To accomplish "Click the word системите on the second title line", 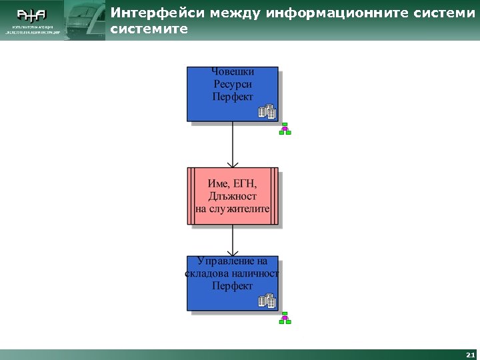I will point(149,30).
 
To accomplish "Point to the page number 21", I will point(471,355).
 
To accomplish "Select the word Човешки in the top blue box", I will point(233,71).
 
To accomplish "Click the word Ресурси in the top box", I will point(233,84).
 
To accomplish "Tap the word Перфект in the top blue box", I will point(233,97).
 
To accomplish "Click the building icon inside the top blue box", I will point(267,112).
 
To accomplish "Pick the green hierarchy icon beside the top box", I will point(285,129).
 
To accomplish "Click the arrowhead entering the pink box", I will point(232,163).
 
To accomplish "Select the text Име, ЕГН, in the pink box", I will point(232,183).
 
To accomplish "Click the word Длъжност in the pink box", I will point(232,196).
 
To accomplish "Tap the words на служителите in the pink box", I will point(232,209).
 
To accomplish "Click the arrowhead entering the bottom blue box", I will point(232,251).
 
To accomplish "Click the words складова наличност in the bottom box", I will point(232,273).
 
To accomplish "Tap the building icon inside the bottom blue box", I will point(267,301).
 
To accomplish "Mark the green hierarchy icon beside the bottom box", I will point(285,318).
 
